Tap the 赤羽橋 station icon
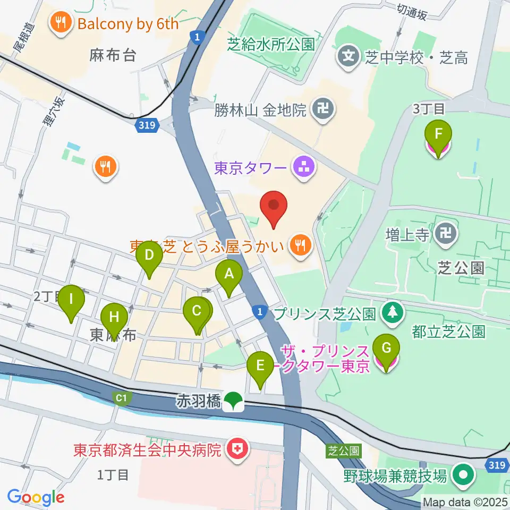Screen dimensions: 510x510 (x=233, y=401)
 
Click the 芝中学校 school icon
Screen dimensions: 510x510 (x=348, y=56)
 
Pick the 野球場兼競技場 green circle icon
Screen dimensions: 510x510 (x=463, y=475)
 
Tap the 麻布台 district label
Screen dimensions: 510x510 (x=112, y=55)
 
